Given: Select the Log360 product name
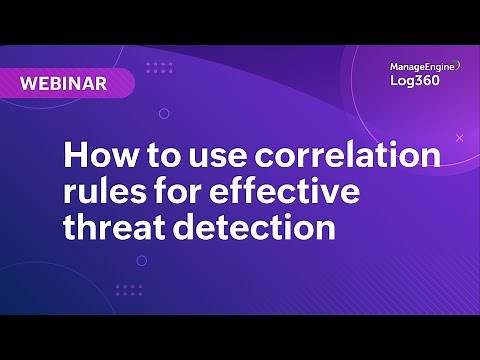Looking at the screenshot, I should click(414, 83).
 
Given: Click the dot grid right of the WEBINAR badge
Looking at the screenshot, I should click(158, 68).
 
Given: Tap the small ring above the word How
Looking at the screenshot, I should click(164, 114).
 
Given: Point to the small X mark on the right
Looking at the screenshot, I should click(459, 137).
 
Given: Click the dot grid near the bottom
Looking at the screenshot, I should click(128, 290).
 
